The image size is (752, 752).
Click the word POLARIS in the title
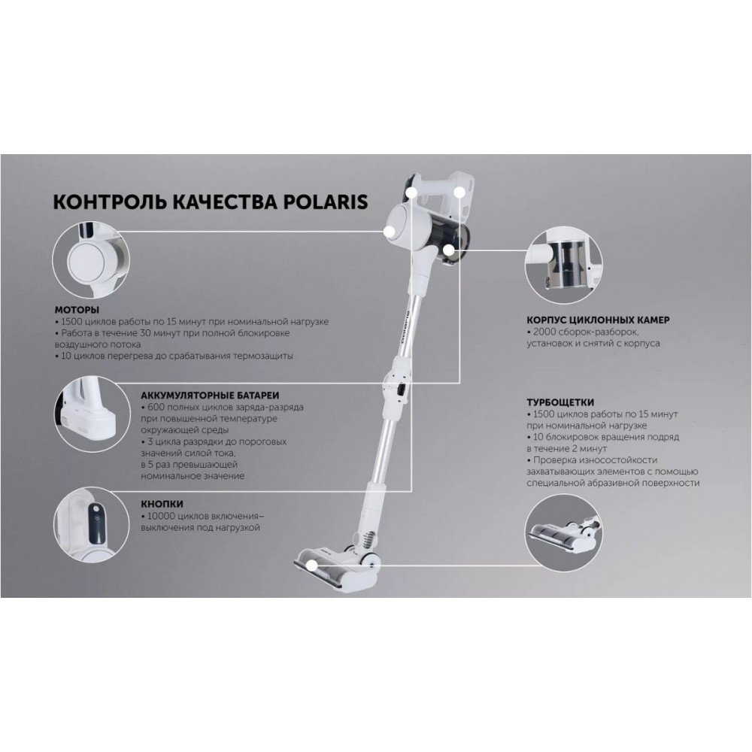(326, 202)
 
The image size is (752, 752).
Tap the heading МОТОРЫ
(77, 310)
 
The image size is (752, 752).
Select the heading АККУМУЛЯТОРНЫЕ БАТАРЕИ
(210, 396)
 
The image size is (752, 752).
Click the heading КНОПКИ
(162, 504)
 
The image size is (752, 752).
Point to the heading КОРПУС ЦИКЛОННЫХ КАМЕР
(598, 320)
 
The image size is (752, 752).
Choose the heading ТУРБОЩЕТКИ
(560, 402)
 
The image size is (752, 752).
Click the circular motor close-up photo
(91, 259)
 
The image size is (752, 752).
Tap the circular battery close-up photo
(91, 414)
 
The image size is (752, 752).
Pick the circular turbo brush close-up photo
(564, 533)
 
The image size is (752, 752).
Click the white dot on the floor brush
(311, 566)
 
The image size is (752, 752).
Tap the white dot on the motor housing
(389, 231)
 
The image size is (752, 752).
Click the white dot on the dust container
(448, 250)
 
